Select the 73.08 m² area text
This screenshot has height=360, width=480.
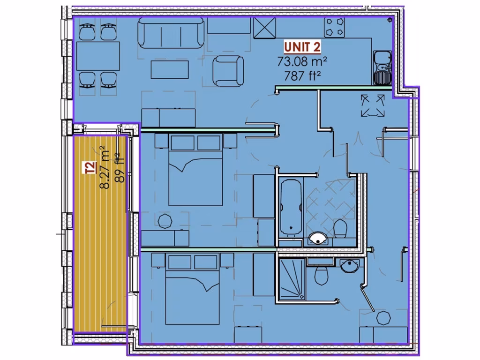pos(302,61)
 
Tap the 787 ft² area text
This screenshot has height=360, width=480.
pos(302,75)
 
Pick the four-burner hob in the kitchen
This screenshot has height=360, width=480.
pos(335,28)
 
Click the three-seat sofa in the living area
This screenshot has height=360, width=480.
pos(171,33)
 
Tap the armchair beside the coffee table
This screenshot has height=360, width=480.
pos(228,70)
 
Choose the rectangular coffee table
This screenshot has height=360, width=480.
pos(169,69)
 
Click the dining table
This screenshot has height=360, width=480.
pos(98,56)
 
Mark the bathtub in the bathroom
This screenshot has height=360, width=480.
pos(291,206)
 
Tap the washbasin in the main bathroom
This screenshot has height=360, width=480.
pos(319,239)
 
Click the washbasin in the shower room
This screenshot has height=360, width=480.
pos(349,266)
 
